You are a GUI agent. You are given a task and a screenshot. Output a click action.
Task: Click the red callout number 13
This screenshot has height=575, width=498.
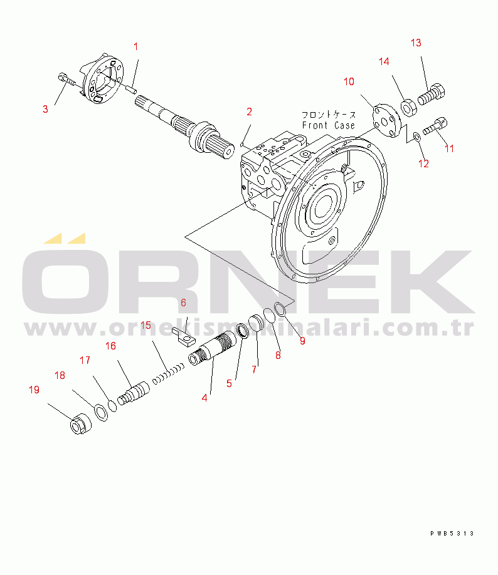(416, 43)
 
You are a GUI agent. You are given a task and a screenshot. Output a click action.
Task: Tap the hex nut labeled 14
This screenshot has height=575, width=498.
(408, 108)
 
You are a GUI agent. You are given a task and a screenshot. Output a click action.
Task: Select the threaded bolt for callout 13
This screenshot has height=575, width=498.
(431, 95)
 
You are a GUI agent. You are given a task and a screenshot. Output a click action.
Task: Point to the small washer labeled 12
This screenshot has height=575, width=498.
(417, 137)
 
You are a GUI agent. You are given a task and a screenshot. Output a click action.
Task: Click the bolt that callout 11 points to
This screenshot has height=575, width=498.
(435, 127)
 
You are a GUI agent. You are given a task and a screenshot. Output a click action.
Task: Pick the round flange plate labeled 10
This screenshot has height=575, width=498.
(386, 120)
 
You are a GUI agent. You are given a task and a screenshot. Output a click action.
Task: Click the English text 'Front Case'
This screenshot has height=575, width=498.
(328, 125)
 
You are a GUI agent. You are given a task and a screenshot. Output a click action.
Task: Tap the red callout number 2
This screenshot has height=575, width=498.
(249, 111)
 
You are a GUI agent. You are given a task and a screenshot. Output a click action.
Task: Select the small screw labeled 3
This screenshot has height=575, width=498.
(67, 80)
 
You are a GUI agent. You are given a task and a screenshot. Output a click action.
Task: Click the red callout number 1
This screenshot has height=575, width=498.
(135, 46)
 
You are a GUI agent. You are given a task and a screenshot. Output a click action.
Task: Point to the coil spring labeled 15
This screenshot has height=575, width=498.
(168, 374)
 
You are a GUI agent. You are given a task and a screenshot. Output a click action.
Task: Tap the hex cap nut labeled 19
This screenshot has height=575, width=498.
(80, 424)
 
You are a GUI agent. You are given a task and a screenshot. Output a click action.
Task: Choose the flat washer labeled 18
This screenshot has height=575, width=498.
(102, 412)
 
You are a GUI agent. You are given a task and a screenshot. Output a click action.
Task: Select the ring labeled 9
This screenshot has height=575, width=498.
(280, 309)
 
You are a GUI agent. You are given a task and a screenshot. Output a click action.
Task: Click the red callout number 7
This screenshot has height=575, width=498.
(254, 370)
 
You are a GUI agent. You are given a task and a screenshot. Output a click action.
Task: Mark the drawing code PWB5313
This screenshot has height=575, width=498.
(452, 533)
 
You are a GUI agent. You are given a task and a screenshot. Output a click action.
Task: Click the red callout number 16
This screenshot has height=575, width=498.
(110, 346)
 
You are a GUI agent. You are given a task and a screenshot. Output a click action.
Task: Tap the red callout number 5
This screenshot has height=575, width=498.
(229, 383)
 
